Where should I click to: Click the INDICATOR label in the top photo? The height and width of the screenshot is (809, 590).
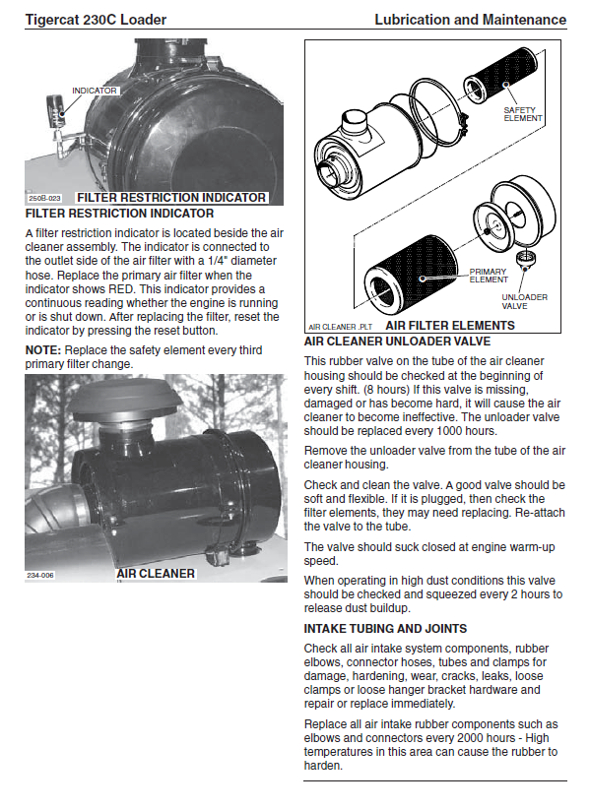pyautogui.click(x=95, y=91)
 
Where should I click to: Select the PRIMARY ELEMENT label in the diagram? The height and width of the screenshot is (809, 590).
pyautogui.click(x=489, y=276)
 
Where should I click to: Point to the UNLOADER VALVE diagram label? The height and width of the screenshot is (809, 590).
pyautogui.click(x=524, y=301)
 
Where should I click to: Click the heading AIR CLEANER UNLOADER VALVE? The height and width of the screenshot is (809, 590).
pyautogui.click(x=397, y=342)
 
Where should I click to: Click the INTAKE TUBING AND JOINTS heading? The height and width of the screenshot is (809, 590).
pyautogui.click(x=385, y=629)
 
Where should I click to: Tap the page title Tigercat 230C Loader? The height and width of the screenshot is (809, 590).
pyautogui.click(x=96, y=20)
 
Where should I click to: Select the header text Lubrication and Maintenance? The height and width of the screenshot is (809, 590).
pyautogui.click(x=470, y=20)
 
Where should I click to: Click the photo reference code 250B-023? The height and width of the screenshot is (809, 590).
pyautogui.click(x=45, y=198)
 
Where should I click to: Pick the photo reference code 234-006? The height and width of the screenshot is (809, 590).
pyautogui.click(x=40, y=575)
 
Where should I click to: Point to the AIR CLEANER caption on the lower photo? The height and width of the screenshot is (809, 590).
pyautogui.click(x=156, y=574)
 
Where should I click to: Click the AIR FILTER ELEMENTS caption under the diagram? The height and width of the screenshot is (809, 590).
pyautogui.click(x=450, y=326)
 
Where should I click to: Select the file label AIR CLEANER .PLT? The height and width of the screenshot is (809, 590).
pyautogui.click(x=340, y=327)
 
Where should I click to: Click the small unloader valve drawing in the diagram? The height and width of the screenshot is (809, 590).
pyautogui.click(x=525, y=259)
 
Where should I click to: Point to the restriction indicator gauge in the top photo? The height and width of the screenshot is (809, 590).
pyautogui.click(x=56, y=111)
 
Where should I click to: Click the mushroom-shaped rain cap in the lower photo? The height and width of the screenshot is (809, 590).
pyautogui.click(x=113, y=399)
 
